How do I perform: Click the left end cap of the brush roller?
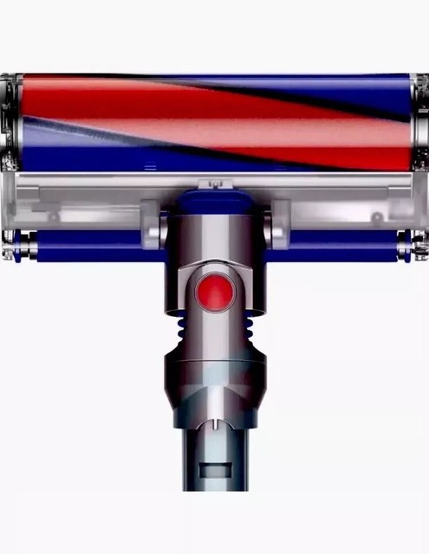tap(9, 121)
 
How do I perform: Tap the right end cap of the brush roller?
tap(420, 121)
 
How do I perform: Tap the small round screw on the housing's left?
tap(54, 216)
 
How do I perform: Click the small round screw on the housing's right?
tap(377, 216)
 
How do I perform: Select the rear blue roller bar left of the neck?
tap(95, 245)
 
